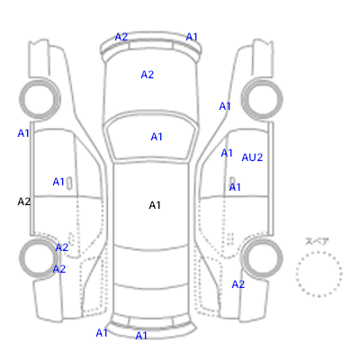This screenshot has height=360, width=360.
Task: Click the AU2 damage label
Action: tap(252, 157)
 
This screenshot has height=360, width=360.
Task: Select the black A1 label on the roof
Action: tap(155, 205)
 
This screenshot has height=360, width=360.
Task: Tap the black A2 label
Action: tap(24, 202)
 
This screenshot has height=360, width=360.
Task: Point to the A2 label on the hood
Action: tap(148, 75)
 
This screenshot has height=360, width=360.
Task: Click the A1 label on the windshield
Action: tap(157, 137)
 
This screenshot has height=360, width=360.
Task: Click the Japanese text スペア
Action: tap(317, 241)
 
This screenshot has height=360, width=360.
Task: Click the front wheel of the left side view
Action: tap(40, 98)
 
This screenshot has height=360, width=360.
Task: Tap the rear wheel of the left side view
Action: tap(40, 258)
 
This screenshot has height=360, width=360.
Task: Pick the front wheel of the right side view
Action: tap(262, 98)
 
